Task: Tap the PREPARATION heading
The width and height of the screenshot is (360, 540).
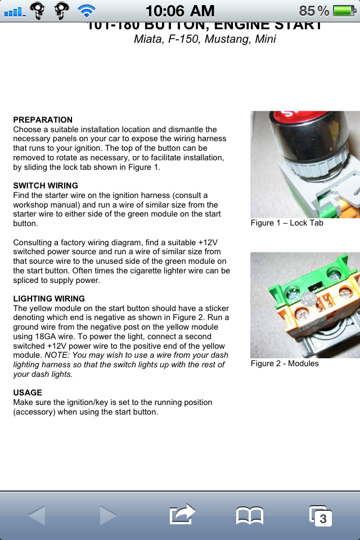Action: click(x=43, y=120)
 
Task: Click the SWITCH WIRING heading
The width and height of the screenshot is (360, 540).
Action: click(x=46, y=186)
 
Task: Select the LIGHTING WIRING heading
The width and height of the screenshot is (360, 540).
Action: click(x=49, y=299)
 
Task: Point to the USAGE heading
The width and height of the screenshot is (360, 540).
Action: click(x=28, y=393)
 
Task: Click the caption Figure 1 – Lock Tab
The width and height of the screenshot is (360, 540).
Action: click(x=287, y=223)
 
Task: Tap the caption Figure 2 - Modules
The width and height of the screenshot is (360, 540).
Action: click(x=285, y=363)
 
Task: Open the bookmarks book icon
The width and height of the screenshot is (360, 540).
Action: click(x=249, y=515)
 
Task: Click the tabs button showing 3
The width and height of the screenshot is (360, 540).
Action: click(x=321, y=515)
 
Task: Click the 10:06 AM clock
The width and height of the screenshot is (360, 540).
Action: click(x=180, y=10)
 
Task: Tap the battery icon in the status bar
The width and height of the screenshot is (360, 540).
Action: click(x=344, y=10)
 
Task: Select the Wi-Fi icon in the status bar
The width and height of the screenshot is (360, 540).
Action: click(x=87, y=10)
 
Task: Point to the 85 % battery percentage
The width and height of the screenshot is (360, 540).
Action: click(x=314, y=10)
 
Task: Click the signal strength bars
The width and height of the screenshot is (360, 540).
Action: click(x=15, y=11)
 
